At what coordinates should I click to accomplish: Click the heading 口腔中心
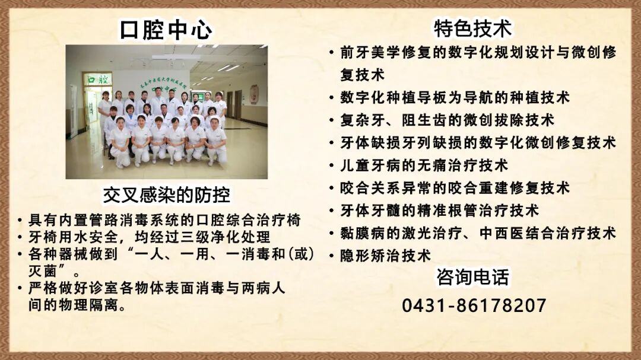click(x=166, y=30)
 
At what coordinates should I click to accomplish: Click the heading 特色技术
click(x=472, y=28)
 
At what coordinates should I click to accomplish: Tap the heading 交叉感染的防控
click(x=166, y=195)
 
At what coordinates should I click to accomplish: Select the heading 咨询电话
click(x=472, y=277)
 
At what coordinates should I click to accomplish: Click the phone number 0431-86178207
click(x=474, y=305)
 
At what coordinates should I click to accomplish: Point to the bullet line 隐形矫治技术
click(x=385, y=256)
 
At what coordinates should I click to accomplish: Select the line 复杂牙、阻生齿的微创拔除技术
click(x=447, y=120)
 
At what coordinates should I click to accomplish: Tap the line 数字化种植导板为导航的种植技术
click(x=455, y=97)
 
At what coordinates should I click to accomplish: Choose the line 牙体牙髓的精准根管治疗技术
click(x=439, y=211)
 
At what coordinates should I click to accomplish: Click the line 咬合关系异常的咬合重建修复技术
click(x=455, y=188)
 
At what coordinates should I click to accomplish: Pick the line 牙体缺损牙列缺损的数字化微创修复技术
click(x=478, y=142)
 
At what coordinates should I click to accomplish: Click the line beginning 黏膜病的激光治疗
click(x=478, y=233)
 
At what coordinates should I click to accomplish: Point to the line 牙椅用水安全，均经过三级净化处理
click(x=149, y=237)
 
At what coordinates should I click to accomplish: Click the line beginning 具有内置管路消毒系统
click(x=164, y=221)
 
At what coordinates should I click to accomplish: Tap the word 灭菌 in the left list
click(x=43, y=272)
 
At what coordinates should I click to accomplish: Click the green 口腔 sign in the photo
click(x=98, y=79)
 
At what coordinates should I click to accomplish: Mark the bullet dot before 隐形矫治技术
click(x=332, y=256)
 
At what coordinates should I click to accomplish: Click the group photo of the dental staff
click(x=166, y=112)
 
